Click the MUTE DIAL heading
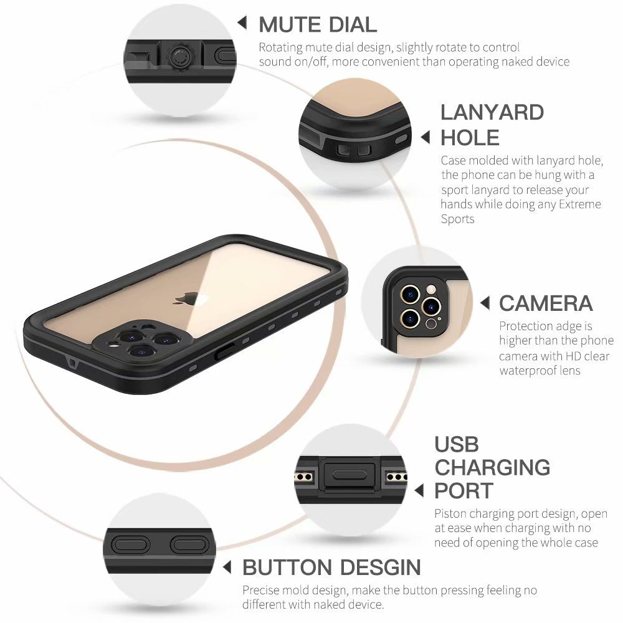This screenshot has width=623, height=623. tap(318, 24)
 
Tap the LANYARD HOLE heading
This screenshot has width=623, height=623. tap(492, 125)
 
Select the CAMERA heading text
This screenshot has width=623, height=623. tap(545, 303)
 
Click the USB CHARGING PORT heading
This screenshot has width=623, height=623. tap(492, 467)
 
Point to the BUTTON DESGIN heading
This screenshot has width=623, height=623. tap(331, 568)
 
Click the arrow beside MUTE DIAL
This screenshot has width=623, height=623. tap(242, 24)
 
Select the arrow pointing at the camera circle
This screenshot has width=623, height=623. tap(485, 303)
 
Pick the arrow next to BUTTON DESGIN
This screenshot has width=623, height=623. tap(228, 568)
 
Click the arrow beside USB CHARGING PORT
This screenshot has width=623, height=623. tap(419, 490)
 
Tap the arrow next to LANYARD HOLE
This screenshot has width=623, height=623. tap(426, 137)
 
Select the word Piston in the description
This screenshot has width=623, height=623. tap(450, 514)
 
